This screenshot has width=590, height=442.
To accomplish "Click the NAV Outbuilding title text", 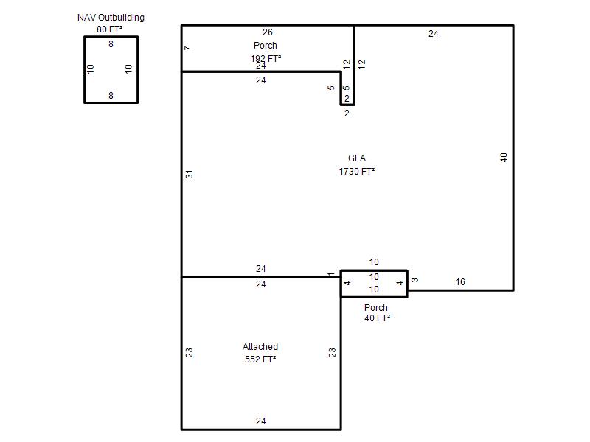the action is pyautogui.click(x=111, y=18).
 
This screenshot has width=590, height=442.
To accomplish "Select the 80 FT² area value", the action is pyautogui.click(x=109, y=29).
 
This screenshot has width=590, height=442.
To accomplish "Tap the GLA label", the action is pyautogui.click(x=357, y=158).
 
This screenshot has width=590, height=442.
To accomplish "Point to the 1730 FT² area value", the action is pyautogui.click(x=357, y=172).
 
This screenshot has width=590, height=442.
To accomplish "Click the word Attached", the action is pyautogui.click(x=260, y=346).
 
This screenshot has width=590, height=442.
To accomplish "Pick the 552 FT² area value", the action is pyautogui.click(x=260, y=359).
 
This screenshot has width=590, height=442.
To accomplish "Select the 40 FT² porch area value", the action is pyautogui.click(x=377, y=318).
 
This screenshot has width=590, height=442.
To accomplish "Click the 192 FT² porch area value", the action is pyautogui.click(x=265, y=58).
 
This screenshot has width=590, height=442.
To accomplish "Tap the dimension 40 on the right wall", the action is pyautogui.click(x=504, y=158).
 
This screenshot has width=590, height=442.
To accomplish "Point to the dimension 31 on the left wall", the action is pyautogui.click(x=190, y=174).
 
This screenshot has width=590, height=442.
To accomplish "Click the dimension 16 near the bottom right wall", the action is pyautogui.click(x=460, y=282).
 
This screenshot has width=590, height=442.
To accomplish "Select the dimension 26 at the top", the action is pyautogui.click(x=268, y=32).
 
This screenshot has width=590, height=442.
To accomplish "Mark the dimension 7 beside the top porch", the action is pyautogui.click(x=188, y=48).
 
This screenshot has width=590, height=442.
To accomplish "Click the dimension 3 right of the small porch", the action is pyautogui.click(x=414, y=280).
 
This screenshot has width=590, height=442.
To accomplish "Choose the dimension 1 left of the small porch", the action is pyautogui.click(x=330, y=274).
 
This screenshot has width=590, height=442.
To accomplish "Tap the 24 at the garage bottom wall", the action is pyautogui.click(x=261, y=421).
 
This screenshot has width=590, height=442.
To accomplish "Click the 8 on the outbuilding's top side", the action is pyautogui.click(x=111, y=44).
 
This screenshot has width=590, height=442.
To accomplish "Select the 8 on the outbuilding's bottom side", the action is pyautogui.click(x=111, y=96).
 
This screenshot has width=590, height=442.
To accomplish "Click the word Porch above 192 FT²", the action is pyautogui.click(x=265, y=46).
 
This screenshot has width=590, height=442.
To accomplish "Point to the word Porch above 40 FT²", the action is pyautogui.click(x=376, y=307).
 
